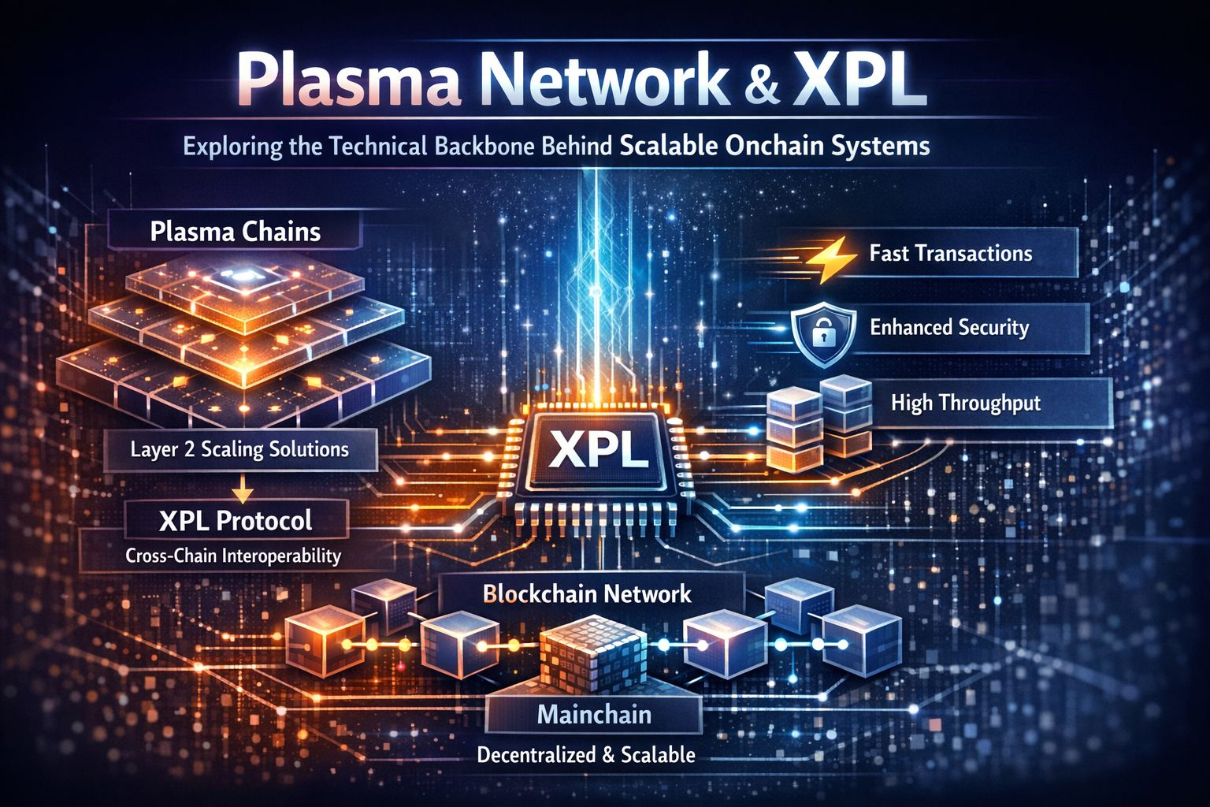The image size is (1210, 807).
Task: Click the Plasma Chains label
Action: [x=236, y=232]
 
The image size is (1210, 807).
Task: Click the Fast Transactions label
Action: [x=951, y=253]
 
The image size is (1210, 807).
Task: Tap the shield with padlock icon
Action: [x=822, y=331]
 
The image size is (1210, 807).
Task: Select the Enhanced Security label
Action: [x=949, y=327]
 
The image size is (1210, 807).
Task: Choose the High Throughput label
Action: [x=965, y=403]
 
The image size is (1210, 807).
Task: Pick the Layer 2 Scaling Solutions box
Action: [x=239, y=450]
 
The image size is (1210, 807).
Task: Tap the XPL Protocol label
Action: [x=235, y=521]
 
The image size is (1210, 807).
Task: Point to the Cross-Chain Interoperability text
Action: [x=233, y=556]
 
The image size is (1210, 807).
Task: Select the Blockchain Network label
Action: [x=587, y=593]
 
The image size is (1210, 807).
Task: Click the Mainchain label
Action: [x=594, y=715]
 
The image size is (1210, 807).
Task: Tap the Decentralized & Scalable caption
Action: [x=586, y=755]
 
